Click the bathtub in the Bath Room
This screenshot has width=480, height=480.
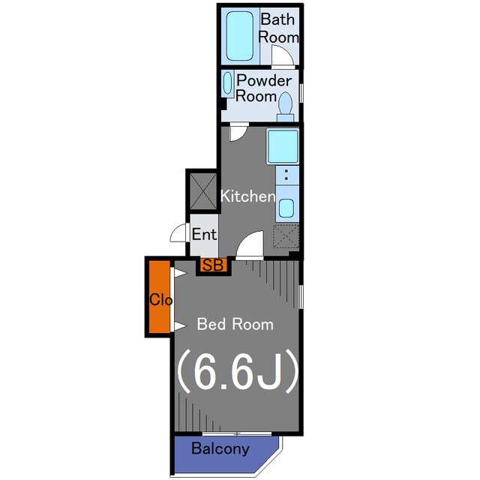[240, 36]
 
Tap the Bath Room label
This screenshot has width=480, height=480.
[278, 28]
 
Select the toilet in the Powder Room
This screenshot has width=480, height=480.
[285, 106]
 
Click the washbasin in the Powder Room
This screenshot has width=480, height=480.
[227, 82]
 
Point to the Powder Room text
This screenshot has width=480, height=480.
[263, 88]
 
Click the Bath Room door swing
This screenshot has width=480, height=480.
[282, 55]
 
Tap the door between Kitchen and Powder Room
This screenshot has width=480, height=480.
[238, 132]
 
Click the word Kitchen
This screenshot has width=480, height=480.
[248, 196]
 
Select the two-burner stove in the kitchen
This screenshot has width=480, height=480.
[287, 175]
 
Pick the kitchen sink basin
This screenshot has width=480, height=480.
[286, 208]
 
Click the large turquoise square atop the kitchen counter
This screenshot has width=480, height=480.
[283, 146]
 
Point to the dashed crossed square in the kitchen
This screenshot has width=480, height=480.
[286, 236]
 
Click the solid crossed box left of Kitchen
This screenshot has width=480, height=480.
[203, 191]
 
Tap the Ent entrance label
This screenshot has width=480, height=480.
[204, 235]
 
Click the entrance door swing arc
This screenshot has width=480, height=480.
[178, 232]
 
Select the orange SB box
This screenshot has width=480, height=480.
[213, 265]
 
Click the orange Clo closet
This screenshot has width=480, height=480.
[160, 297]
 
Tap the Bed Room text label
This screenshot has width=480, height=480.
[235, 324]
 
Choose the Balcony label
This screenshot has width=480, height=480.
[220, 448]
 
